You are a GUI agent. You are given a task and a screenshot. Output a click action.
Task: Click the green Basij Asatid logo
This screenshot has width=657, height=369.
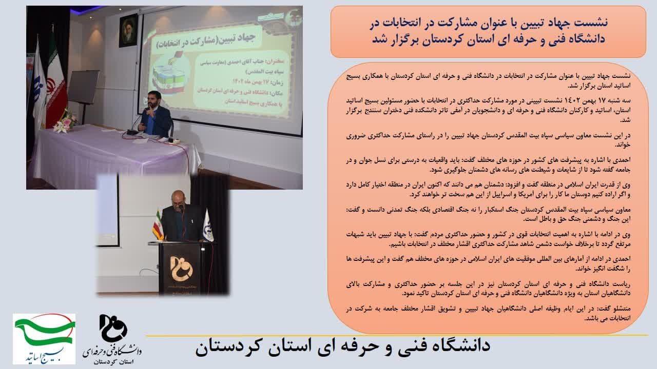(44, 339)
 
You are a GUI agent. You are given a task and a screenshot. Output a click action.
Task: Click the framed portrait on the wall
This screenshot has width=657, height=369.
(128, 30)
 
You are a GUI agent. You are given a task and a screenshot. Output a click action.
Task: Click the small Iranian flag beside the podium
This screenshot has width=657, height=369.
(158, 225)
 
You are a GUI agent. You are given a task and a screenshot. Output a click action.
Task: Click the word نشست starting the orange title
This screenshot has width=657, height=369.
(592, 23)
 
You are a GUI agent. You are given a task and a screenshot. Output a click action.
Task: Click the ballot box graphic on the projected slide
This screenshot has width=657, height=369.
(168, 73)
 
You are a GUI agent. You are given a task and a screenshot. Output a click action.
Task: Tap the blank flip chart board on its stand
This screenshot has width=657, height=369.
(84, 87)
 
